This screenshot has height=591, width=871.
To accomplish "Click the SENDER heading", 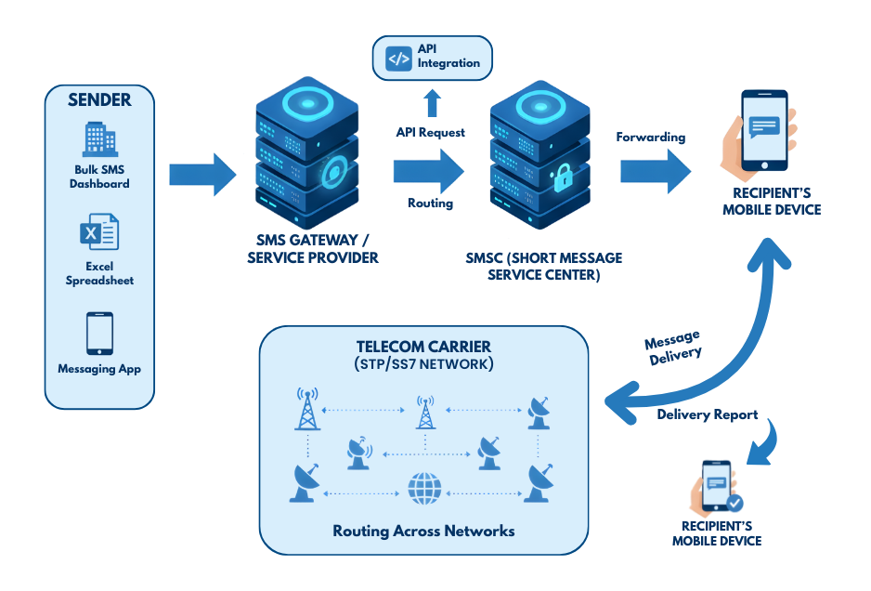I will coord(99,99).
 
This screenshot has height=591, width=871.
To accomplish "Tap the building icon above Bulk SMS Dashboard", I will coord(99,140).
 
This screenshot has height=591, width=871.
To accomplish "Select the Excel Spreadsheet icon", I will coord(98,231).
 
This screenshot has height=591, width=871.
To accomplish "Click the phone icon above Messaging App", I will coord(99,333).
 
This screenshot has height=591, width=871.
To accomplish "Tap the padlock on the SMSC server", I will coord(563,178).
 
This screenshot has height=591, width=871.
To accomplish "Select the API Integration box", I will coord(433,58).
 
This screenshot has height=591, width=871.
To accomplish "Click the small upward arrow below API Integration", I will coord(432,101).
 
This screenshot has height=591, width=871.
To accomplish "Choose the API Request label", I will coord(431,133).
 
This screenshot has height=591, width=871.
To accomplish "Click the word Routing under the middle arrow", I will coord(430,203).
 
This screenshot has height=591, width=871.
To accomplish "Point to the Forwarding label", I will coord(650,138).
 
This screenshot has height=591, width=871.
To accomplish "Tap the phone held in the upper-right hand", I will coord(764,129).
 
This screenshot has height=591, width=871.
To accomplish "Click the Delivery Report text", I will coord(707,414).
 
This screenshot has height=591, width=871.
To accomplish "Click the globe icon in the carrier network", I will coord(424,487).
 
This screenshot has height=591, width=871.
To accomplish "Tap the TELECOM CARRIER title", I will coord(425,346).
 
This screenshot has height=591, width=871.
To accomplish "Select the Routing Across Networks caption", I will coord(423,532).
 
